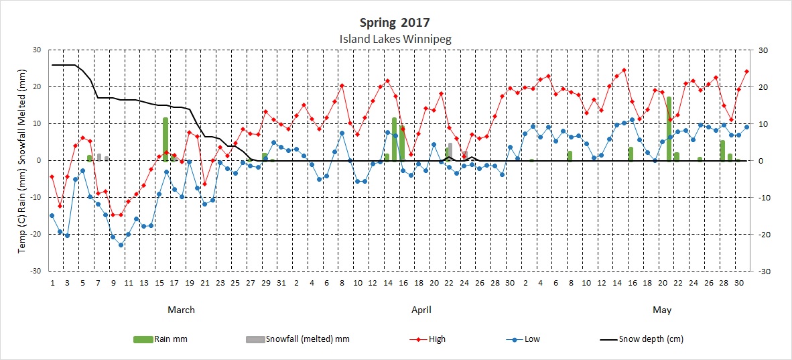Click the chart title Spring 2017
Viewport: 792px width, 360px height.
pyautogui.click(x=395, y=23)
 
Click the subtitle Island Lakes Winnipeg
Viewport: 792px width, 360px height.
pyautogui.click(x=395, y=39)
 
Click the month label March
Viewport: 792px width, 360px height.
pyautogui.click(x=181, y=310)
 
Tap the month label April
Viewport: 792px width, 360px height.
pyautogui.click(x=421, y=310)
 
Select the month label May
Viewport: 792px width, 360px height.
pyautogui.click(x=662, y=310)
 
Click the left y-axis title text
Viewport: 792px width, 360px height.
pyautogui.click(x=21, y=161)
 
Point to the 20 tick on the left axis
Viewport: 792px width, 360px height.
pyautogui.click(x=38, y=87)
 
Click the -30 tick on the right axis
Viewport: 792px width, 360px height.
pyautogui.click(x=763, y=271)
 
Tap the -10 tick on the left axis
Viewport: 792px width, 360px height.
pyautogui.click(x=36, y=198)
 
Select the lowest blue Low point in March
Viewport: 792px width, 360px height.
pyautogui.click(x=121, y=245)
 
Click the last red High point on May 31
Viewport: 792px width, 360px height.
pyautogui.click(x=746, y=71)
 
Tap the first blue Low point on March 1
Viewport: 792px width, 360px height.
pyautogui.click(x=52, y=216)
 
